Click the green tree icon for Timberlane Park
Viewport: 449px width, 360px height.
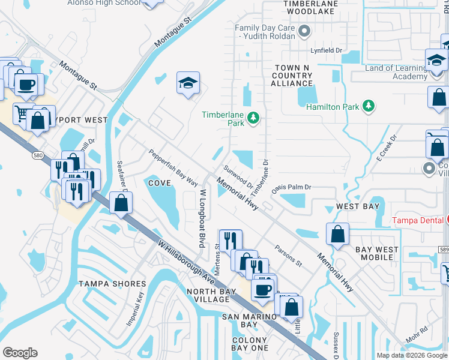coord(253,118)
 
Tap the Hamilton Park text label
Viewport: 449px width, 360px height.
coord(333,107)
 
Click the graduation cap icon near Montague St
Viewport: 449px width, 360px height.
coord(188,83)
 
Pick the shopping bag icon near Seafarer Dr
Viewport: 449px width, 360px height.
coord(121,203)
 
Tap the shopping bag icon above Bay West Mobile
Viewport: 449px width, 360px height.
coord(338,234)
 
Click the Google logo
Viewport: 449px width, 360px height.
coord(19,353)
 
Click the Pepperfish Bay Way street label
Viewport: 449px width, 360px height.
coord(173,167)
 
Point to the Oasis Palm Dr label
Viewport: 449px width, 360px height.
coord(291,187)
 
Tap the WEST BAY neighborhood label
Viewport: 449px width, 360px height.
coord(358,206)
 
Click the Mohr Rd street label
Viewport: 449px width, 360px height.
coord(416,337)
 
